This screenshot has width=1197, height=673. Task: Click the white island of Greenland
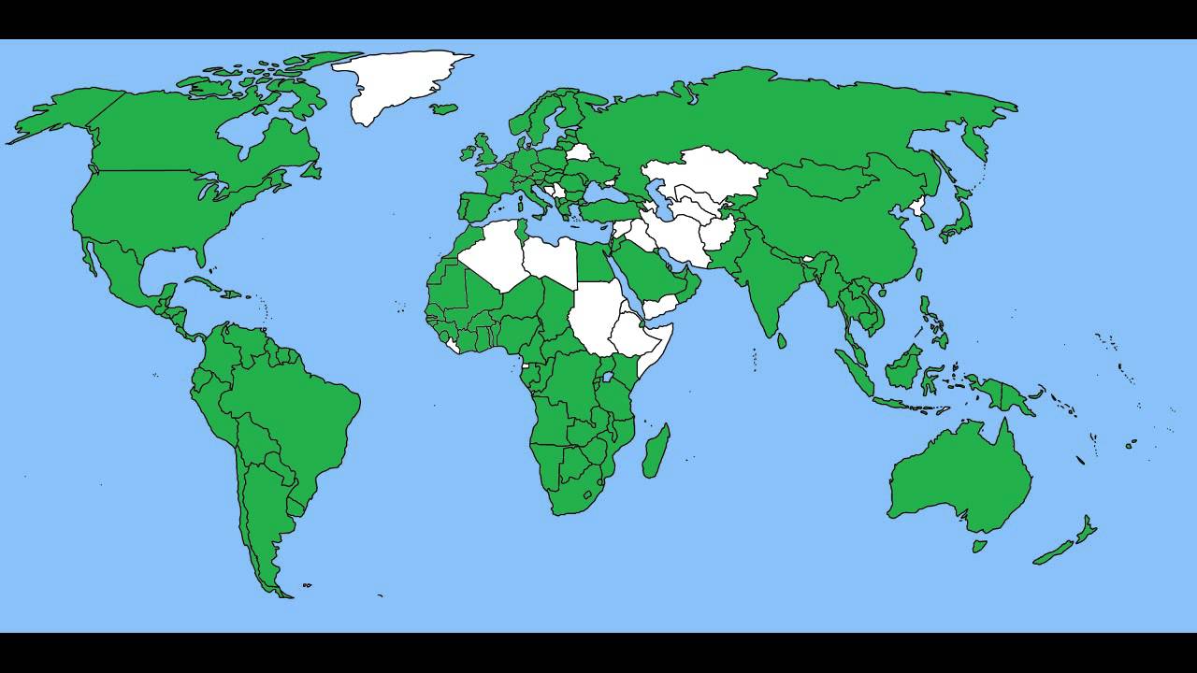[x=393, y=79]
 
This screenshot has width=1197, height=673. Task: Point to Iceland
[x=444, y=108]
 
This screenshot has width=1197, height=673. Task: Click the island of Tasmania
[x=979, y=546]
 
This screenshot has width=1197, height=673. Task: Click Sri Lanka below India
[x=781, y=339]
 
